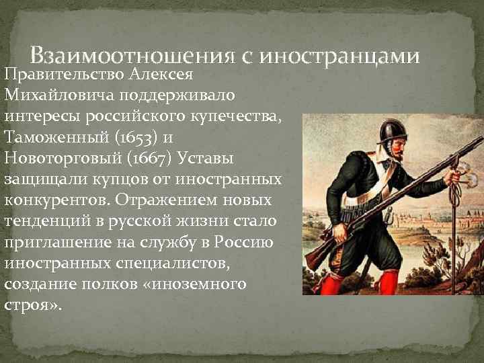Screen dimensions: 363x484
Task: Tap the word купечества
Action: [x=242, y=116]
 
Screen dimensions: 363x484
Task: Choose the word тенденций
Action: [x=47, y=222]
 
